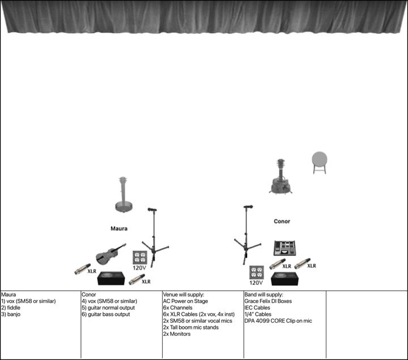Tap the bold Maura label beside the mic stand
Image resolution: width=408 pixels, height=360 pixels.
pyautogui.click(x=119, y=229)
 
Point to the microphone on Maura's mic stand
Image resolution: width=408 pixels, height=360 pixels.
pyautogui.click(x=152, y=210)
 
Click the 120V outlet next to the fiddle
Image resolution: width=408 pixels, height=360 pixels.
pyautogui.click(x=140, y=259)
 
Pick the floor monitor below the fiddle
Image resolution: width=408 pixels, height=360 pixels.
pyautogui.click(x=113, y=278)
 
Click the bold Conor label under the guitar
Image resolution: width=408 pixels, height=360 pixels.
pyautogui.click(x=282, y=221)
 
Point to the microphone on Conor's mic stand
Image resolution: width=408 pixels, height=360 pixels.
pyautogui.click(x=248, y=207)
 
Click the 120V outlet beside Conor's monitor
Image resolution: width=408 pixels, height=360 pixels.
pyautogui.click(x=257, y=274)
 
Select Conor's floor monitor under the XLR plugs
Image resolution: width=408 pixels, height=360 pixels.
pyautogui.click(x=285, y=278)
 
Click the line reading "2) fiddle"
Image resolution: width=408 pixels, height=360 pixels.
pyautogui.click(x=12, y=307)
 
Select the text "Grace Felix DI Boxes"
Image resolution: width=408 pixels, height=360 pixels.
pyautogui.click(x=268, y=301)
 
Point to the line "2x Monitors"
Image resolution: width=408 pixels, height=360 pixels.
pyautogui.click(x=177, y=334)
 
